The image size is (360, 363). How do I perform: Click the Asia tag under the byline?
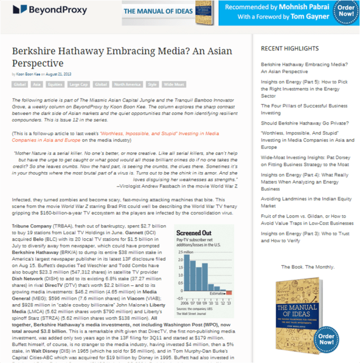point(37,85)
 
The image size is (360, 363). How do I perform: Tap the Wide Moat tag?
point(174,85)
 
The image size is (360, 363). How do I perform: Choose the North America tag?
point(127,85)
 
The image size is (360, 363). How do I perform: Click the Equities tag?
point(55,85)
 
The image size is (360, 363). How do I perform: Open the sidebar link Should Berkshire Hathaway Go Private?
point(303,122)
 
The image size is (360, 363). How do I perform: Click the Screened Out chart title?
point(194,233)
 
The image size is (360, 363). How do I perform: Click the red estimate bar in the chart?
point(230,292)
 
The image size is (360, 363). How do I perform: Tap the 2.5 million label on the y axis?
point(179,253)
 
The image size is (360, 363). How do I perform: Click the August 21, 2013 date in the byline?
point(59,74)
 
